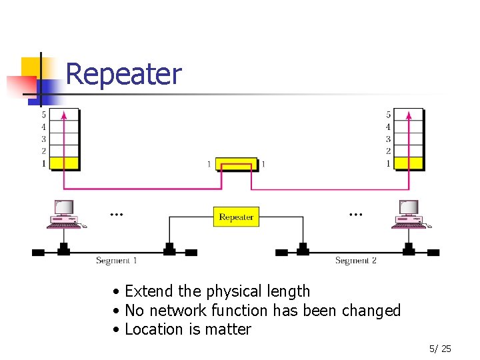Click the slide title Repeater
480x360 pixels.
[123, 74]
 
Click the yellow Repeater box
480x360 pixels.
[236, 217]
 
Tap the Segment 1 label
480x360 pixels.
[117, 261]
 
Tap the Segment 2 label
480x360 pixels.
[355, 261]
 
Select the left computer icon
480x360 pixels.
[64, 214]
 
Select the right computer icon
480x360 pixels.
[408, 214]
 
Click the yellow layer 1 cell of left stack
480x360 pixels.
[65, 163]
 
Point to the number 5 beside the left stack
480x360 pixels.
[44, 115]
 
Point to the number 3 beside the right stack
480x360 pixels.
[388, 139]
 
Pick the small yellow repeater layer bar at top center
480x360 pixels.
[236, 163]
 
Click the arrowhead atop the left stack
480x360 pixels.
[64, 115]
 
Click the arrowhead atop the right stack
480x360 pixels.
[408, 115]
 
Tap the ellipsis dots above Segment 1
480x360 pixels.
[117, 215]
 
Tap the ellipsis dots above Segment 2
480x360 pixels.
[356, 215]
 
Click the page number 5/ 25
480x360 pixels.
[440, 349]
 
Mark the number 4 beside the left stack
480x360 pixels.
[44, 127]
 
